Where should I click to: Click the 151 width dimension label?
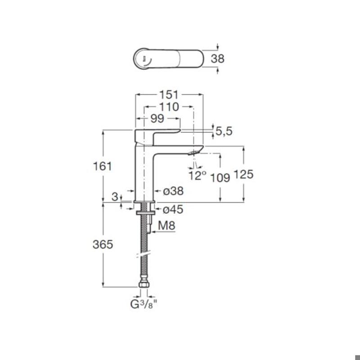(169, 94)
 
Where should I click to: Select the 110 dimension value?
(169, 107)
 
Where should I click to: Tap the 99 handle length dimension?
(157, 118)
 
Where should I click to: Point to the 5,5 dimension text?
(224, 131)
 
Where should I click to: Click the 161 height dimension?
(103, 166)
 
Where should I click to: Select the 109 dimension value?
(220, 177)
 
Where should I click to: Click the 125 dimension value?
(243, 174)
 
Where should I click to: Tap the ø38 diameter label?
(173, 191)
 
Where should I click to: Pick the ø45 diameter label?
(173, 209)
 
